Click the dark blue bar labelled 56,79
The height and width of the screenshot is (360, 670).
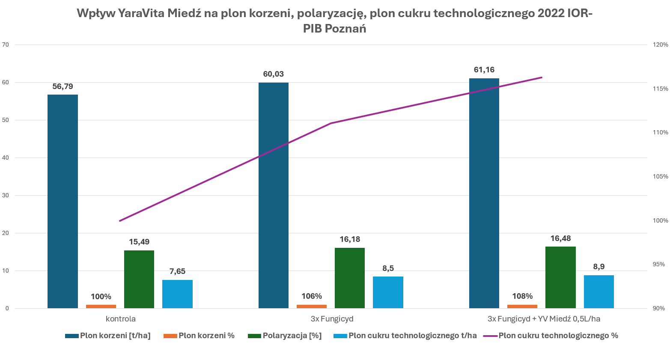[x=63, y=201]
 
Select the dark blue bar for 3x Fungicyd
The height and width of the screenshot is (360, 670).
[x=273, y=195]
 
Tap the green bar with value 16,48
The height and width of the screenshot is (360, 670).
[x=560, y=277]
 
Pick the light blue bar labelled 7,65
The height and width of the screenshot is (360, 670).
[x=177, y=294]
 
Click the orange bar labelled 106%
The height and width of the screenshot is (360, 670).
[x=311, y=306]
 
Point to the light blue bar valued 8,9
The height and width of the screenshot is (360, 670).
[x=599, y=292]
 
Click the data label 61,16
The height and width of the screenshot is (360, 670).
[x=484, y=70]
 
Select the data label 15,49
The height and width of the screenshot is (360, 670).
[x=139, y=242]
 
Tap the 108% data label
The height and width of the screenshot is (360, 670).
[x=522, y=296]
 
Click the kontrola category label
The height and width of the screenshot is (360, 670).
[x=121, y=319]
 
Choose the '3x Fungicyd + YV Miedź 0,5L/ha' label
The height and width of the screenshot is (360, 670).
[x=544, y=319]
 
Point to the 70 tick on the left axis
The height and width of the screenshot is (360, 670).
[x=6, y=45]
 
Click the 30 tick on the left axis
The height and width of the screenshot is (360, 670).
[x=6, y=195]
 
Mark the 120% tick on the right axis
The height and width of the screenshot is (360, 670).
[x=660, y=45]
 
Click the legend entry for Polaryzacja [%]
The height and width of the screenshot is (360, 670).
[x=292, y=336]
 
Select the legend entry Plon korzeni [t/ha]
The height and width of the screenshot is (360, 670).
[x=115, y=336]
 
